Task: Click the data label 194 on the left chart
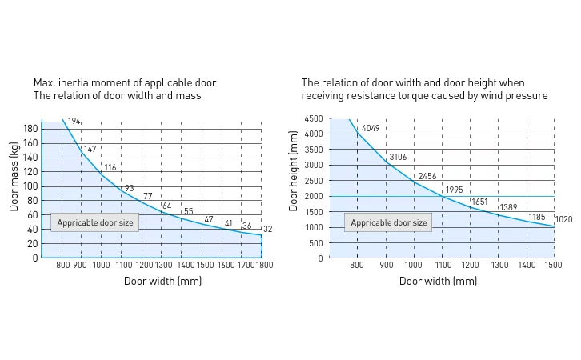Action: (x=74, y=122)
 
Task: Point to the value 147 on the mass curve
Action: (x=90, y=150)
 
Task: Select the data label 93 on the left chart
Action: (x=129, y=189)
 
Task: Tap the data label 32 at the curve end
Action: (x=267, y=230)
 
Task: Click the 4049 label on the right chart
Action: (x=371, y=129)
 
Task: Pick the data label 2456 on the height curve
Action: (x=427, y=176)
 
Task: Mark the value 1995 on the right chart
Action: (x=454, y=190)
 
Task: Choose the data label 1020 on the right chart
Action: (x=563, y=219)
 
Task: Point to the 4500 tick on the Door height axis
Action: (x=313, y=119)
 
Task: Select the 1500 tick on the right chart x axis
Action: (x=554, y=265)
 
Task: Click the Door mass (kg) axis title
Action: (x=14, y=176)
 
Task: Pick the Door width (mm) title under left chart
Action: (x=162, y=281)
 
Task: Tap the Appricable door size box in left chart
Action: (x=95, y=223)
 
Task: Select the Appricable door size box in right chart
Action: (x=389, y=223)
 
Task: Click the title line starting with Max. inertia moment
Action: (x=125, y=83)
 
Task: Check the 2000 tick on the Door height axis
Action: (x=313, y=197)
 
